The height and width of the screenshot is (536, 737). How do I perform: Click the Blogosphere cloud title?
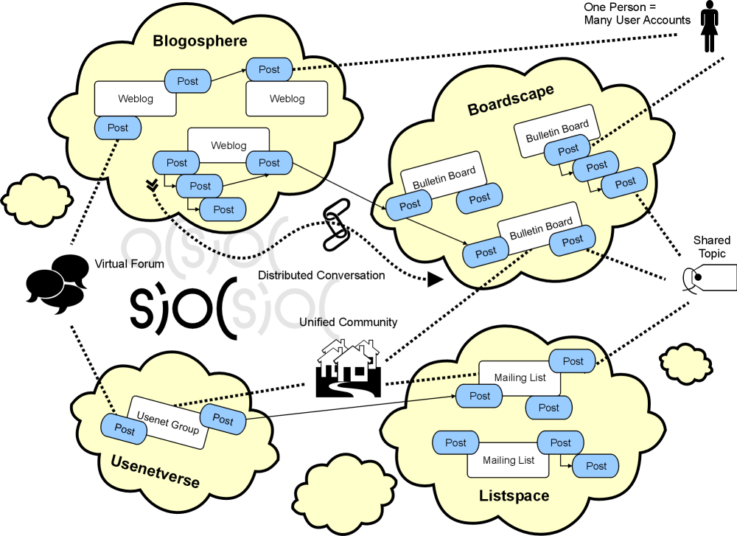pos(200,41)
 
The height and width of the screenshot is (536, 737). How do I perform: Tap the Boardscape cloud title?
pos(511,100)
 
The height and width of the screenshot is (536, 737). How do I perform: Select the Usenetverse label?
pos(155,472)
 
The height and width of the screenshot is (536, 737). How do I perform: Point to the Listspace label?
pos(514,495)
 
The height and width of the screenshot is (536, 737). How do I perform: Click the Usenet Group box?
pos(168,422)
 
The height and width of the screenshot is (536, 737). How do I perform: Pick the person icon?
pos(709,26)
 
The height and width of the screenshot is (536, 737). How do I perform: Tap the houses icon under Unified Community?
pos(349,368)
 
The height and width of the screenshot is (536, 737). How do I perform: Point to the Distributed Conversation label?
pos(321,275)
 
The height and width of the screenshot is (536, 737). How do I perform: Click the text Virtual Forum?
pos(129,264)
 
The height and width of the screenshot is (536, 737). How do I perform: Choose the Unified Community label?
pos(349,322)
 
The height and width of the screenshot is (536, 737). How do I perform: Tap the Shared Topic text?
pos(712,246)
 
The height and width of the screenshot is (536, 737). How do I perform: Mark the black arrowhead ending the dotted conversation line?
pos(435,279)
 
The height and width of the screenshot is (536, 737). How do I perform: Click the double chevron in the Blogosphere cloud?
pos(152,185)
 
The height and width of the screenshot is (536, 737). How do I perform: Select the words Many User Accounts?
pos(638,20)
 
